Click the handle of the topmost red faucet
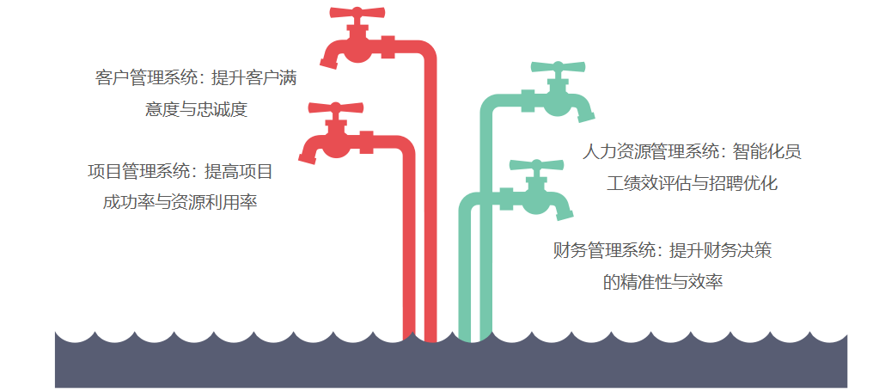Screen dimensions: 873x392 (x=357, y=13)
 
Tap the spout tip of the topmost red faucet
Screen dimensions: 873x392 (x=329, y=62)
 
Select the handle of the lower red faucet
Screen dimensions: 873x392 (x=336, y=108)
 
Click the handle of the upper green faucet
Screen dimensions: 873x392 (x=558, y=67)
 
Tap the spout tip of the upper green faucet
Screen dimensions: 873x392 (x=586, y=116)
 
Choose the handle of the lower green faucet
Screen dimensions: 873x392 (x=536, y=165)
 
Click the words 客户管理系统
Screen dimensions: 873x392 (x=146, y=78)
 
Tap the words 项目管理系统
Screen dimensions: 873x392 (x=138, y=172)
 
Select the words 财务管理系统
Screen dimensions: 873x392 (x=604, y=250)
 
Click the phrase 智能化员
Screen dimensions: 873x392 (x=767, y=151)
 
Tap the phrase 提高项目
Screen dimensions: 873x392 (x=239, y=172)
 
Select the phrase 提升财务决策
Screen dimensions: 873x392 (x=720, y=250)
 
